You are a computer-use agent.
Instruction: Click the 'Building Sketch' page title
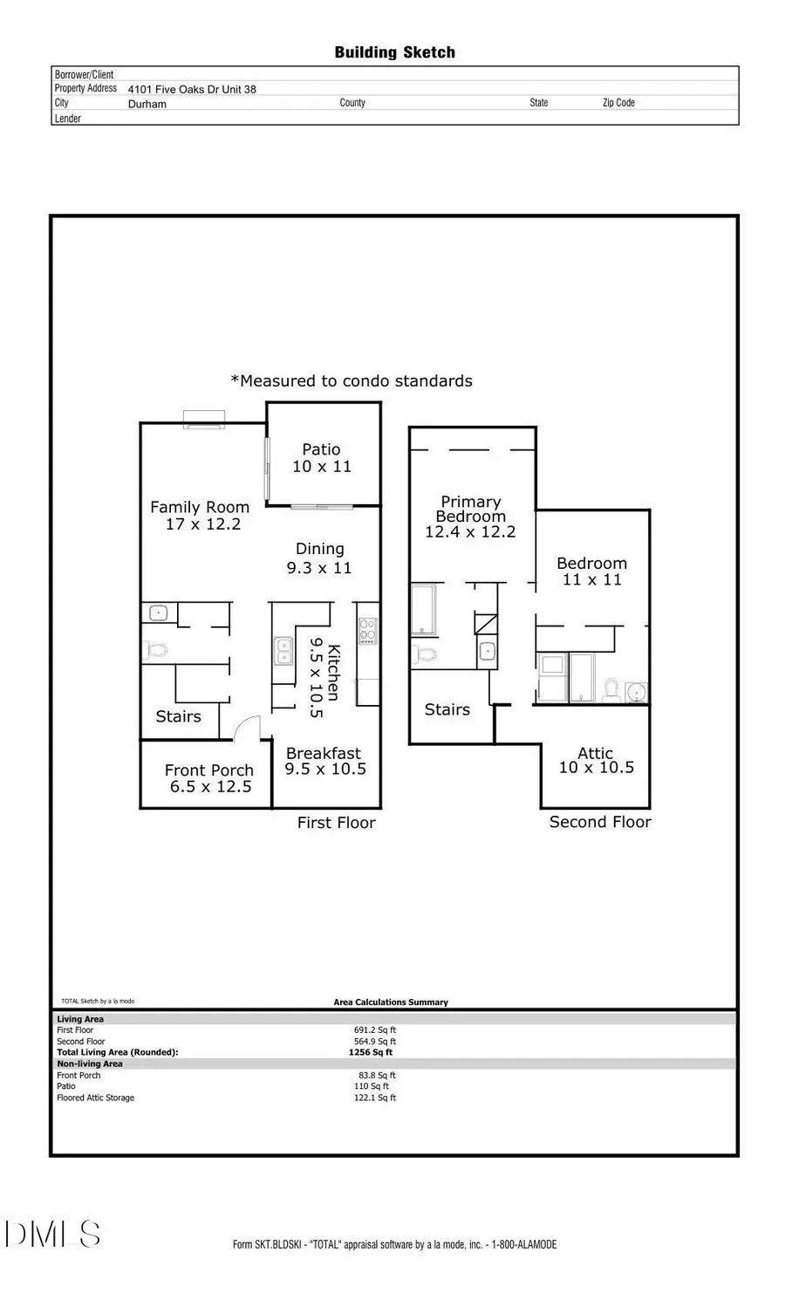pos(394,52)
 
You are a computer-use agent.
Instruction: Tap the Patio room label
pos(321,449)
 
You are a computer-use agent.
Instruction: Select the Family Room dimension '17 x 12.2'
pos(203,524)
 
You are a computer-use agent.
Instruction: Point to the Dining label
pos(320,549)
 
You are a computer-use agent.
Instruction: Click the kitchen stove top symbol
pos(367,631)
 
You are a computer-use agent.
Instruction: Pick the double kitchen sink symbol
pos(283,650)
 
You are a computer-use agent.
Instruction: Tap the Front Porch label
pos(209,770)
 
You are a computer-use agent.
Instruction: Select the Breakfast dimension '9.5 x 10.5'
pos(325,770)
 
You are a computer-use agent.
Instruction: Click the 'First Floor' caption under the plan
pos(336,823)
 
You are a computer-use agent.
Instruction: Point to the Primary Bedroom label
pos(470,509)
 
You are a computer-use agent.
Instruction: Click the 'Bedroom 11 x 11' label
pos(591,571)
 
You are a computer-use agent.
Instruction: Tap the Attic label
pos(596,753)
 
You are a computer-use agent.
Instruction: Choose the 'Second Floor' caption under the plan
pos(600,822)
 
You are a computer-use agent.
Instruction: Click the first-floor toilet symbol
pos(156,651)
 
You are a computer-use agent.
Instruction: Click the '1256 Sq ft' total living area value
pos(371,1052)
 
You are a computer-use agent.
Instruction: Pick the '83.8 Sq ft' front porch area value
pos(375,1075)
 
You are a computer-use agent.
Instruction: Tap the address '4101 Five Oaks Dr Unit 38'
pos(192,89)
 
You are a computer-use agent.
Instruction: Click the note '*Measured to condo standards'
pos(352,381)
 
